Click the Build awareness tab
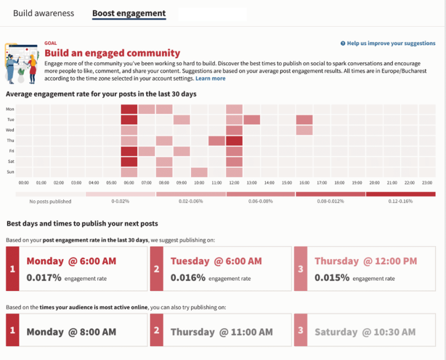click(x=44, y=13)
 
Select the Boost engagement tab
click(x=129, y=13)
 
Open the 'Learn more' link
click(x=210, y=78)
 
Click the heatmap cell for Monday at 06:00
click(x=129, y=109)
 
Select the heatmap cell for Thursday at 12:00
click(x=234, y=141)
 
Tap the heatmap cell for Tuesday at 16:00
click(x=304, y=120)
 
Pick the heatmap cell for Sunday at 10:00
click(x=199, y=172)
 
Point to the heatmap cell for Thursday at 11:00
click(x=217, y=141)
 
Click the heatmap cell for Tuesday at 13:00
click(x=251, y=120)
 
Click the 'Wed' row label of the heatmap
click(x=10, y=130)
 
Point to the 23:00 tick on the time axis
click(x=427, y=182)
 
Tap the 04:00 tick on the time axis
click(x=94, y=182)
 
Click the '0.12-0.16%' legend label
click(x=401, y=201)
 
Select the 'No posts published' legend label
click(x=51, y=201)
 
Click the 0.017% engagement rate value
click(x=44, y=278)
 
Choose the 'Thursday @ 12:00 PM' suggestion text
click(x=365, y=261)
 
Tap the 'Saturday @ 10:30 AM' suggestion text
click(x=365, y=332)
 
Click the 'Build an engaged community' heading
click(x=112, y=53)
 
